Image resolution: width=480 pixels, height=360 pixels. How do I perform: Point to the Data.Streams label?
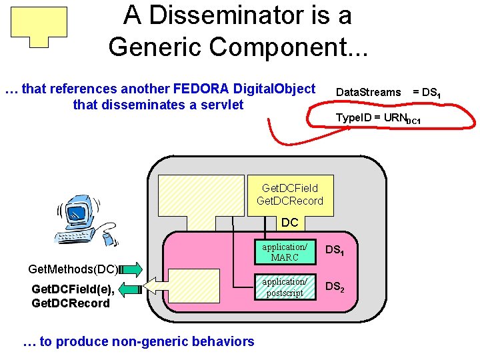coord(368,92)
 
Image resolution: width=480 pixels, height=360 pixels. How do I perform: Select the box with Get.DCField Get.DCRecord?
coord(290,195)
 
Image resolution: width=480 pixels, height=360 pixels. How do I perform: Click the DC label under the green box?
coord(289,223)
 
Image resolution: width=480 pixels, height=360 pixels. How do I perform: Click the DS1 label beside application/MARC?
coord(334,251)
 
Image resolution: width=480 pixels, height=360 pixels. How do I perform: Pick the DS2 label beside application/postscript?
coord(334,287)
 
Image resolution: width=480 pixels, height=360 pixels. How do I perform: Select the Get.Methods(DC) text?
coord(73,269)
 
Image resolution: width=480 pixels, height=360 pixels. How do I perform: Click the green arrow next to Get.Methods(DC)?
coord(131,269)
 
